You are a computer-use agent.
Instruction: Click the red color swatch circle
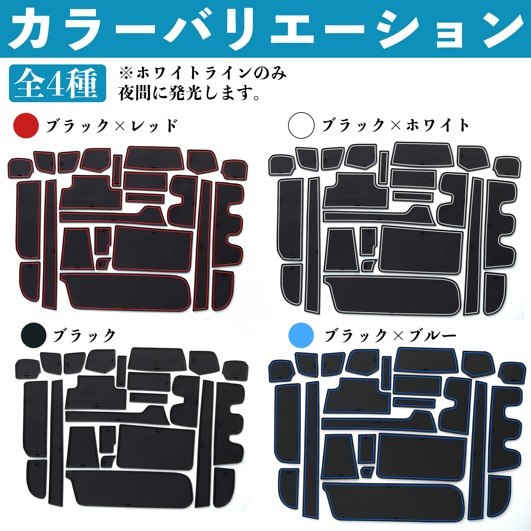pyautogui.click(x=26, y=125)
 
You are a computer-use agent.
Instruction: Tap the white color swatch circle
pyautogui.click(x=301, y=125)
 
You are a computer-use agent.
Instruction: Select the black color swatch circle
pyautogui.click(x=34, y=335)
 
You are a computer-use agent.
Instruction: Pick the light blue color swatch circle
pyautogui.click(x=301, y=335)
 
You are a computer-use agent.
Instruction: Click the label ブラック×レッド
pyautogui.click(x=112, y=126)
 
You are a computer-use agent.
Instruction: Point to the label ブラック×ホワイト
pyautogui.click(x=395, y=125)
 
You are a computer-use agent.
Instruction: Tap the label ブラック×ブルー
pyautogui.click(x=390, y=336)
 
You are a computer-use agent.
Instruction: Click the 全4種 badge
pyautogui.click(x=58, y=83)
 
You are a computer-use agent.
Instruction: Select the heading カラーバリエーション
pyautogui.click(x=265, y=29)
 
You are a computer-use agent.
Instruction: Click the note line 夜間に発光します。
pyautogui.click(x=190, y=93)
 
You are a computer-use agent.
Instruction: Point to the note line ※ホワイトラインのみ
pyautogui.click(x=202, y=73)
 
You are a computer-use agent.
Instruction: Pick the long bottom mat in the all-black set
pyautogui.click(x=130, y=489)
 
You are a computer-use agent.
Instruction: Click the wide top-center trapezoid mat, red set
pyautogui.click(x=154, y=158)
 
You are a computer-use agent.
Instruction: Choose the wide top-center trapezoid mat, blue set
pyautogui.click(x=426, y=360)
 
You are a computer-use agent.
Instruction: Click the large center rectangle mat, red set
pyautogui.click(x=153, y=249)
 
